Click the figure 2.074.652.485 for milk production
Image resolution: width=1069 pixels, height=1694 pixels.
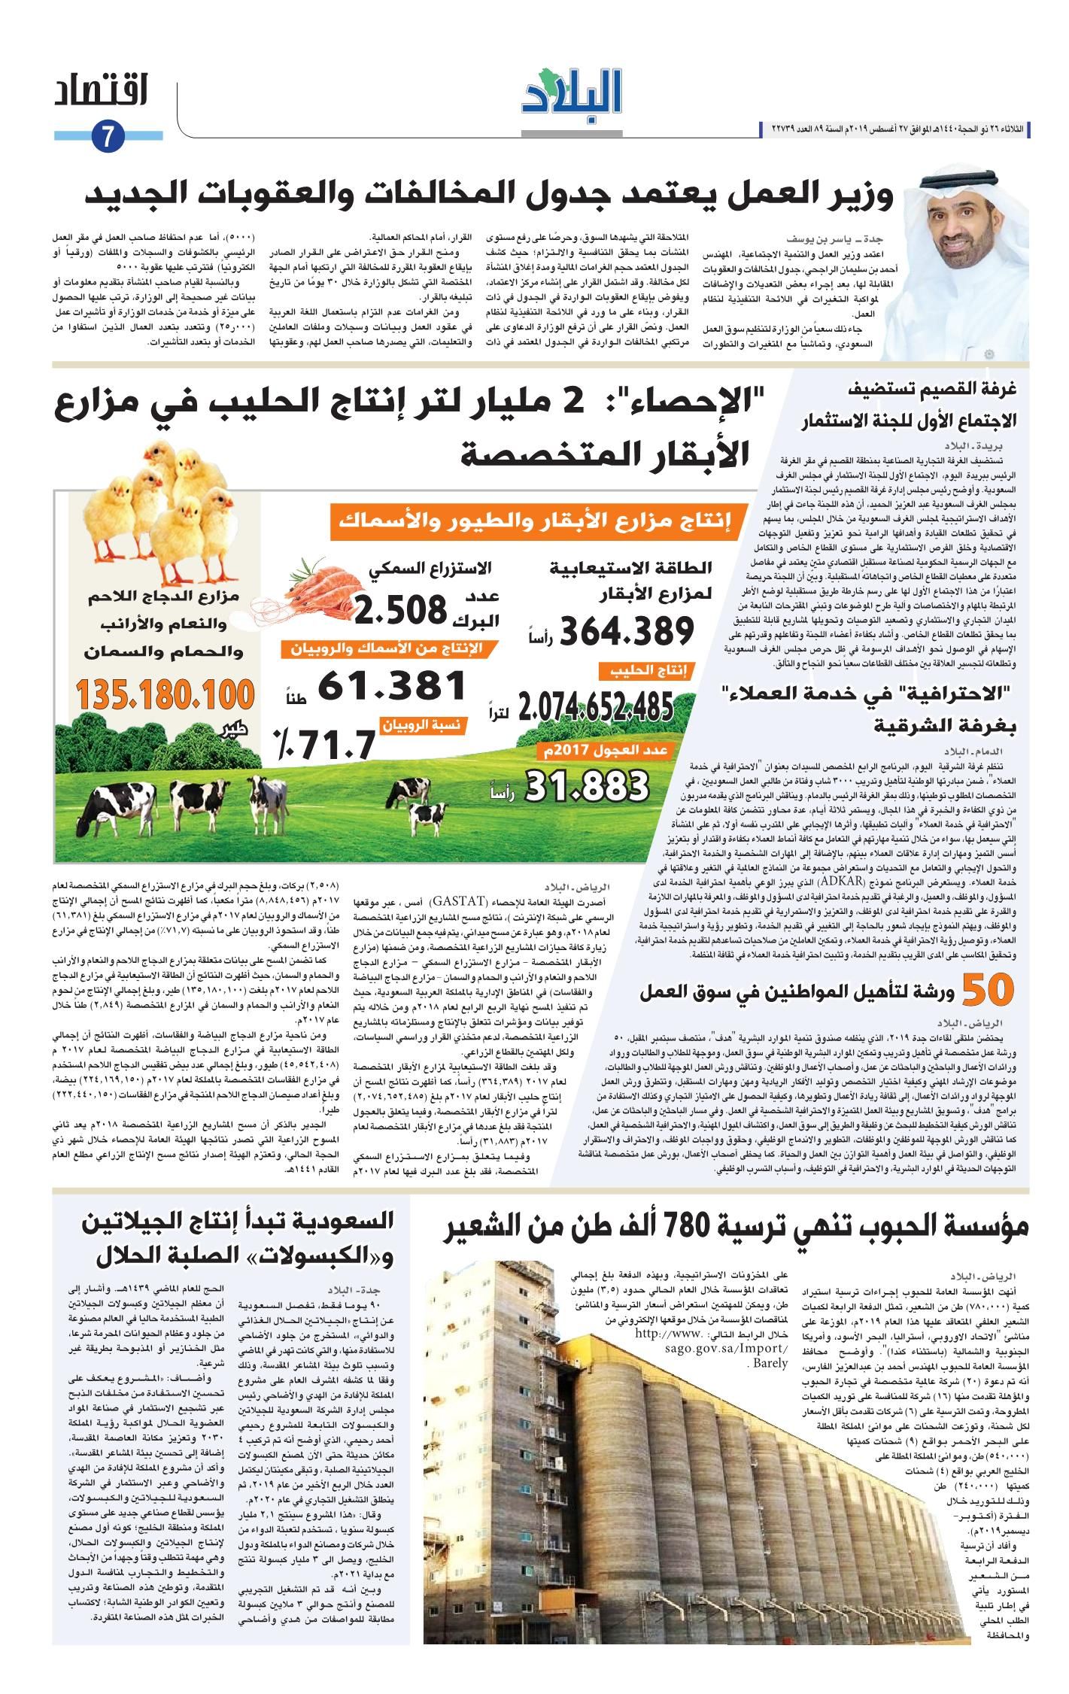[595, 706]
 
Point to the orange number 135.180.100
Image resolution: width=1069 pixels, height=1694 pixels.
[165, 694]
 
